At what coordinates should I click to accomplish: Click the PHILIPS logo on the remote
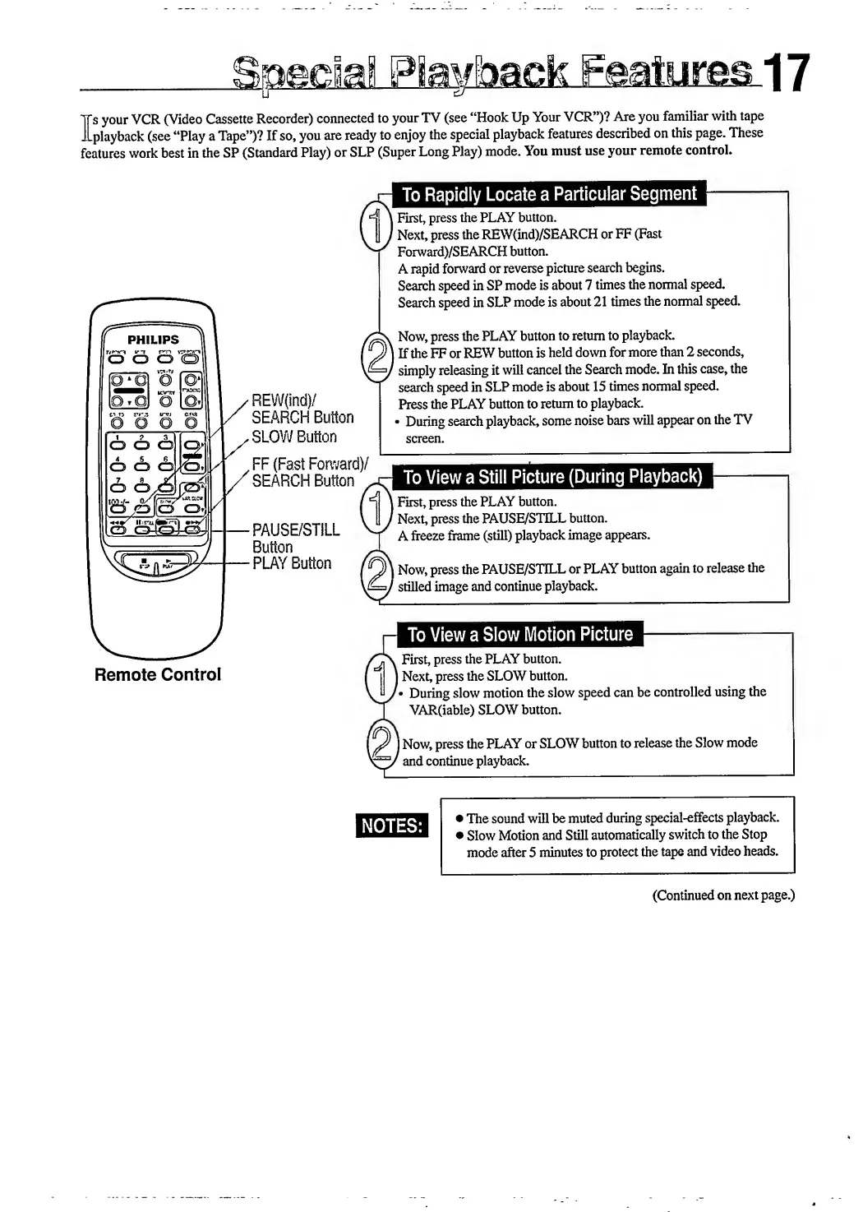tap(153, 340)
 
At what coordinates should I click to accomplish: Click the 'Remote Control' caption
tap(158, 675)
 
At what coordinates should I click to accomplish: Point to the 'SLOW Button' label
tap(294, 437)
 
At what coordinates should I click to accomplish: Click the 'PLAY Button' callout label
tap(292, 564)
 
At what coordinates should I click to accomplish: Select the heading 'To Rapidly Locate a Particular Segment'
tap(549, 195)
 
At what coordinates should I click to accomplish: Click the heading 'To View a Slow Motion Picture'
tap(520, 635)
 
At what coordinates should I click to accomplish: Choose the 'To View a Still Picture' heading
tap(553, 478)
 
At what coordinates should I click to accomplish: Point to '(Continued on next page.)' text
tap(723, 895)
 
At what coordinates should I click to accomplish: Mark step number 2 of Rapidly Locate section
tap(375, 355)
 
